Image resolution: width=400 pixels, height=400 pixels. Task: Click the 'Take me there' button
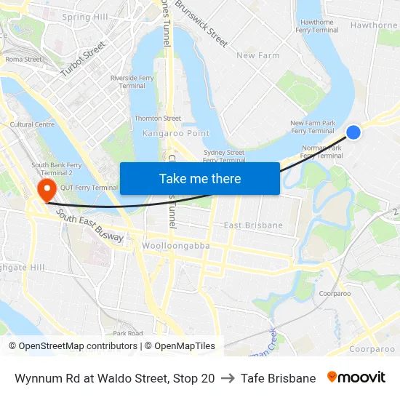pyautogui.click(x=200, y=178)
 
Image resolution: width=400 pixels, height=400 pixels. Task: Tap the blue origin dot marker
pyautogui.click(x=353, y=132)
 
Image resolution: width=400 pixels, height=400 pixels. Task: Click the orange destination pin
pyautogui.click(x=47, y=191)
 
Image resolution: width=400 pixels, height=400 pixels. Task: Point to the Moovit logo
pyautogui.click(x=356, y=377)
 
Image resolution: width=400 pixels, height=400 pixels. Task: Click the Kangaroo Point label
pyautogui.click(x=176, y=133)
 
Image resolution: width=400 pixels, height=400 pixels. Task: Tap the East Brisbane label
pyautogui.click(x=253, y=225)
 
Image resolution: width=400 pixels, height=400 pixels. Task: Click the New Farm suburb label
pyautogui.click(x=257, y=55)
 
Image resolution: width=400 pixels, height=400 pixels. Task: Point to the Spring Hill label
pyautogui.click(x=85, y=17)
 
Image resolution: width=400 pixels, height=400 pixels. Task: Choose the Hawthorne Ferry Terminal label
pyautogui.click(x=317, y=26)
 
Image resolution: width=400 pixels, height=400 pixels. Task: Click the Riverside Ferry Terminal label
pyautogui.click(x=132, y=81)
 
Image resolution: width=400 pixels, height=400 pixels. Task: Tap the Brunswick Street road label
pyautogui.click(x=202, y=24)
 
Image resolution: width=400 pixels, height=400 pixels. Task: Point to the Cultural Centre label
pyautogui.click(x=32, y=124)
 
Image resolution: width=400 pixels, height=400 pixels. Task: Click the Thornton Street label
pyautogui.click(x=157, y=119)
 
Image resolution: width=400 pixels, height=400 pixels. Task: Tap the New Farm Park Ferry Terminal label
pyautogui.click(x=313, y=127)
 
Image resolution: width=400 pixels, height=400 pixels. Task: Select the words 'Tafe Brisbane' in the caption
pyautogui.click(x=278, y=378)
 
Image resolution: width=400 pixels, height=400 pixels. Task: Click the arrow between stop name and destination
pyautogui.click(x=228, y=378)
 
